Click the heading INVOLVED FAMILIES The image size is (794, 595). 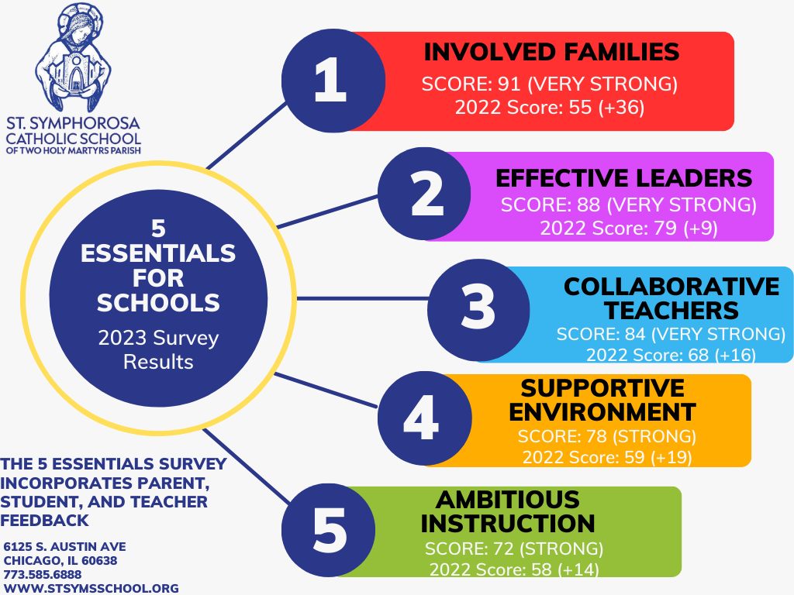(551, 53)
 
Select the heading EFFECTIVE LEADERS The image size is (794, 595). (623, 178)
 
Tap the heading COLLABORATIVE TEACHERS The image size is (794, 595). (671, 298)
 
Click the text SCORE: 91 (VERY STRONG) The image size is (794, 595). (549, 84)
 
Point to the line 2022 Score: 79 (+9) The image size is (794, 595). (629, 229)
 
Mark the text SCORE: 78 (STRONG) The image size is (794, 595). (606, 435)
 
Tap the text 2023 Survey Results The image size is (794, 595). (158, 350)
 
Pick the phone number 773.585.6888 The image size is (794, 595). (43, 574)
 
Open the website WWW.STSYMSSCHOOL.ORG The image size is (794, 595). (91, 588)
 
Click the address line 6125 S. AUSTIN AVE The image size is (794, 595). (64, 547)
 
